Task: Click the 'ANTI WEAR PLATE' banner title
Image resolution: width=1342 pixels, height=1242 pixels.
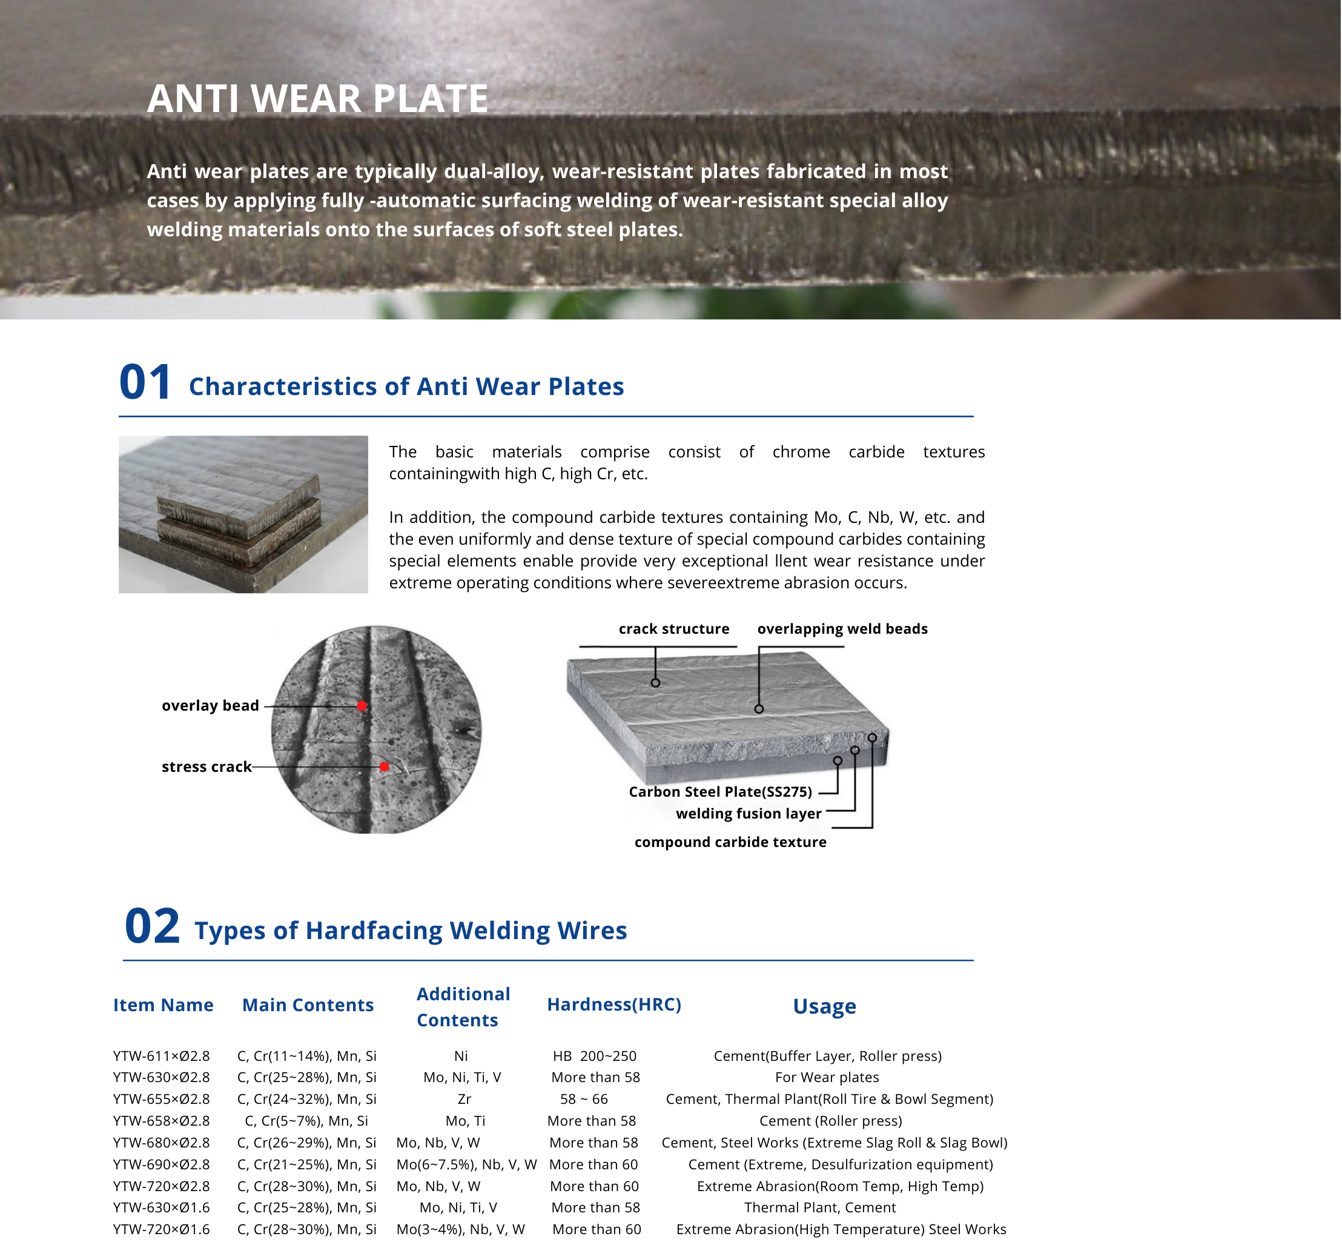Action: (x=317, y=99)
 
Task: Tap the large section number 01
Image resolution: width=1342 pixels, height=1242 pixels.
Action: (x=145, y=382)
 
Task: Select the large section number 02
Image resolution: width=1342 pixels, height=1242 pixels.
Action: (x=152, y=926)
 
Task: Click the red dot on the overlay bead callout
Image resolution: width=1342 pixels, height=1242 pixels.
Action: (x=362, y=706)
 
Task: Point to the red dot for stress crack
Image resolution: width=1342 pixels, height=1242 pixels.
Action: (x=384, y=767)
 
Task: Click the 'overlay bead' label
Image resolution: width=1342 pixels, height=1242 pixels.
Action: (x=210, y=706)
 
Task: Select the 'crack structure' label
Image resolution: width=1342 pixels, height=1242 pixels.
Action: (x=673, y=629)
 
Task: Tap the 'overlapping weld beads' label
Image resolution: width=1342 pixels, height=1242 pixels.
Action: (x=842, y=629)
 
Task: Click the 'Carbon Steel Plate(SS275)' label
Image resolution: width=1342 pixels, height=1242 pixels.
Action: (x=720, y=792)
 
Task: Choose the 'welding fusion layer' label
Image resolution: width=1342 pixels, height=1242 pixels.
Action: (x=749, y=814)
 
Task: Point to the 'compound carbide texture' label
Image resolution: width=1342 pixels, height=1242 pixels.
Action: (x=730, y=842)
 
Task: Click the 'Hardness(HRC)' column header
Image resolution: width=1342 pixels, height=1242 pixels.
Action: (x=614, y=1004)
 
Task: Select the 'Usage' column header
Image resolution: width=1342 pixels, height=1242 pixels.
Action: (x=824, y=1006)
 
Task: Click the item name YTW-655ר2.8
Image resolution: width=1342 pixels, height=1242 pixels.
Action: (x=161, y=1099)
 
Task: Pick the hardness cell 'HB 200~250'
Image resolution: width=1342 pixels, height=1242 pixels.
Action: (x=595, y=1056)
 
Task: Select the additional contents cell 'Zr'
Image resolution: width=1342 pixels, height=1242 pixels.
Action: (x=464, y=1099)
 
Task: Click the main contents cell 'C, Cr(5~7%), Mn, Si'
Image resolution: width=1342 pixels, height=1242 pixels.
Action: (x=306, y=1121)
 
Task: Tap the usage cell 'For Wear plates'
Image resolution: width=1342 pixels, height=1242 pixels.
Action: (x=827, y=1077)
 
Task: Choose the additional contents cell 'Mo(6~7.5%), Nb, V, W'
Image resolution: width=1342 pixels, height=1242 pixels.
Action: (x=466, y=1164)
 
